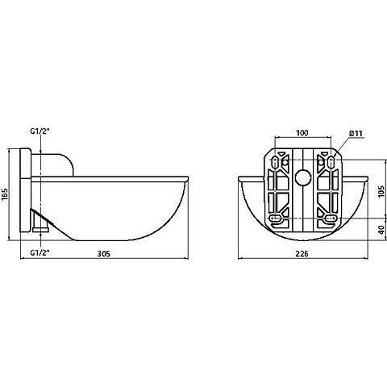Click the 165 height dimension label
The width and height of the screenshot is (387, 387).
coord(5,194)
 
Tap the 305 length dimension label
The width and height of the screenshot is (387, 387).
coord(104,253)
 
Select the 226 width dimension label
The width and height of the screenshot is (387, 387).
coord(302,253)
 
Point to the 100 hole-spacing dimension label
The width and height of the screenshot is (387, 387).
coord(302,133)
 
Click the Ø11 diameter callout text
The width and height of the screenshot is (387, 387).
coord(356,133)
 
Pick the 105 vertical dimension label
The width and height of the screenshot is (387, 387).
coord(381,191)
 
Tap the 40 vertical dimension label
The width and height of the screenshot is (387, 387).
coord(381,230)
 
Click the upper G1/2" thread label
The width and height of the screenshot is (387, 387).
coord(40,131)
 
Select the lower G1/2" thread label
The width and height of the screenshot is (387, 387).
coord(40,252)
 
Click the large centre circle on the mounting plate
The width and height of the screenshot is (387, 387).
coord(303,177)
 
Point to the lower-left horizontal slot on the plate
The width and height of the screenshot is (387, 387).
coord(276,218)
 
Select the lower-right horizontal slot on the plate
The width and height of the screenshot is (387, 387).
coord(330,218)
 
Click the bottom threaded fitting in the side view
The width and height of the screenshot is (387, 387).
coord(40,229)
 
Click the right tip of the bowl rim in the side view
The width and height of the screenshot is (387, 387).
coord(189,177)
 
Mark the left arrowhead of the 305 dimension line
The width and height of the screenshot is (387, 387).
coord(23,258)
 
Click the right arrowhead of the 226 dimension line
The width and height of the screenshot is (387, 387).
coord(365,258)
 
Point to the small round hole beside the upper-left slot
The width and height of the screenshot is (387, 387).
coord(285,162)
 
